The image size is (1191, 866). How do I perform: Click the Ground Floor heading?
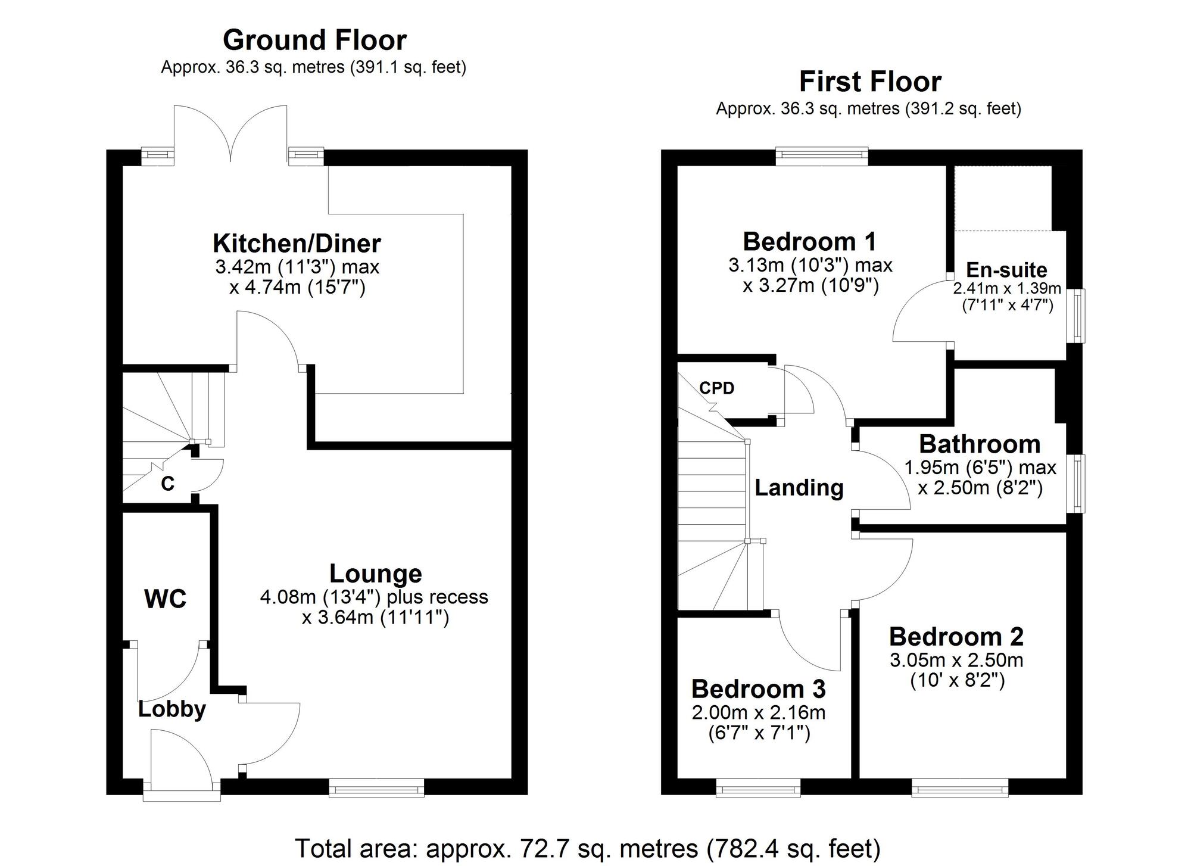(x=314, y=41)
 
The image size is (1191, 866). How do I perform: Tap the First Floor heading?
(x=869, y=82)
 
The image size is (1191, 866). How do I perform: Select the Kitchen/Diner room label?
(x=297, y=244)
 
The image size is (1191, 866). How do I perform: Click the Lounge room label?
(x=375, y=574)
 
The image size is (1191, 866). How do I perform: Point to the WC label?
(x=165, y=599)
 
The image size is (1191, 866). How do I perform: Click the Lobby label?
(x=172, y=709)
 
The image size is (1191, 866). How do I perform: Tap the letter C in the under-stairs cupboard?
(x=167, y=484)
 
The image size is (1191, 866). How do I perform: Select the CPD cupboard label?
(x=716, y=388)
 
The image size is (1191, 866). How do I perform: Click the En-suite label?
(x=1006, y=270)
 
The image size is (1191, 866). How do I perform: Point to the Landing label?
(x=799, y=488)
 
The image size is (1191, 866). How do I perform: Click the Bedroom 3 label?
(x=758, y=689)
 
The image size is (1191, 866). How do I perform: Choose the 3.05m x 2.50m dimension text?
(x=956, y=660)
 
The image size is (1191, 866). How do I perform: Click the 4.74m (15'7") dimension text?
(x=297, y=288)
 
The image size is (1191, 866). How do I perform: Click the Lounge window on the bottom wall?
(x=376, y=790)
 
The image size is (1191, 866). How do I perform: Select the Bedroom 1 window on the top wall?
(x=822, y=156)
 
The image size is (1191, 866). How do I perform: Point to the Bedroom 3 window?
(x=758, y=790)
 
